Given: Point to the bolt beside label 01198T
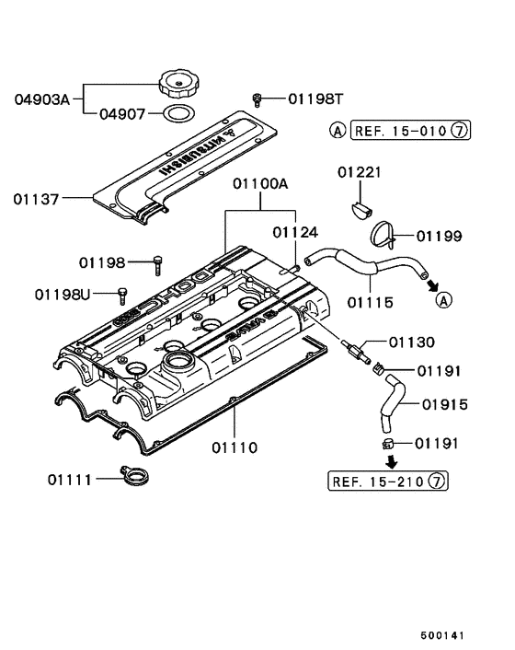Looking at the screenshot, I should point(260,98).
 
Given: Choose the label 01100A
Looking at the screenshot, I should point(260,183).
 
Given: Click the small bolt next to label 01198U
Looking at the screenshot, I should point(120,295).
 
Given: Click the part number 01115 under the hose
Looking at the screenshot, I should point(370,301).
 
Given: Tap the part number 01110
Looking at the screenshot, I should point(234,448).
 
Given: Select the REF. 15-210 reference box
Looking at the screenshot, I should point(387,480).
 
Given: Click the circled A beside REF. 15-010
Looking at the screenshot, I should point(338,132).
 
